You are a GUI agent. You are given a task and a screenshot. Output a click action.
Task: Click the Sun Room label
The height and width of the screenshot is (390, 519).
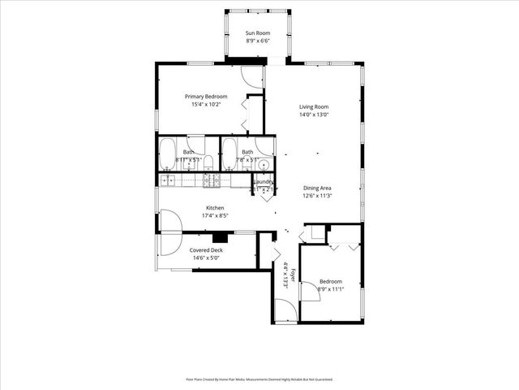coord(258,33)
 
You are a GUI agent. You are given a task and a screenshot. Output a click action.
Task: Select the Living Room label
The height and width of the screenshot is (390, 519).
coord(314,106)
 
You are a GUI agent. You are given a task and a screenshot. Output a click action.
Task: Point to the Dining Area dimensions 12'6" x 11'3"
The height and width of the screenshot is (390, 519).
coord(318,196)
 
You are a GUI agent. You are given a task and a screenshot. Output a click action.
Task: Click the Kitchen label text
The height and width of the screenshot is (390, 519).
coord(214,208)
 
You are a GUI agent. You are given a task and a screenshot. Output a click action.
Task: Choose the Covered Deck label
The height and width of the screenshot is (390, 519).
coord(205,250)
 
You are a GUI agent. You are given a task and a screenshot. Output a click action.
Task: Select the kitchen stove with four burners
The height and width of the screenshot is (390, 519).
coord(211,180)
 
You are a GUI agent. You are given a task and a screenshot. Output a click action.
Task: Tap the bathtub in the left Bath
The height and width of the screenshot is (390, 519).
coord(168,153)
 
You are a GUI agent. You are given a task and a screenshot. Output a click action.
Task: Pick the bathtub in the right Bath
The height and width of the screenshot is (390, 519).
coord(229,153)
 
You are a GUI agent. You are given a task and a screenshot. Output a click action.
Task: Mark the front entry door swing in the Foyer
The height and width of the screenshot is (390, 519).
coord(285,310)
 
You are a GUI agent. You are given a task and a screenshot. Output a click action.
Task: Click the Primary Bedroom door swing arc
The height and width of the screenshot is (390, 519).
coord(253,77)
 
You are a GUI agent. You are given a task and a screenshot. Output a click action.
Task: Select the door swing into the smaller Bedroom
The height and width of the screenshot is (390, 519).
coord(310,292)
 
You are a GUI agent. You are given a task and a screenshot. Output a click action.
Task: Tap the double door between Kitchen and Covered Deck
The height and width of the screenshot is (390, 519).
coord(171,232)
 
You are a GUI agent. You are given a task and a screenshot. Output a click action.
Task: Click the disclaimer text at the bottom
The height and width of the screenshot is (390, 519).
coord(259,379)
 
